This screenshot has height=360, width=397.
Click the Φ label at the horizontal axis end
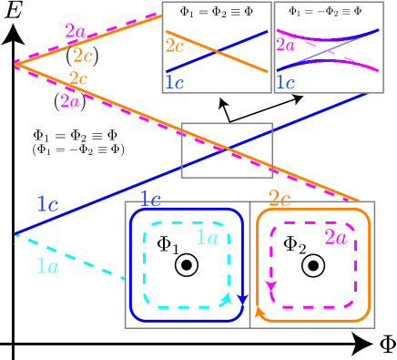click(386, 346)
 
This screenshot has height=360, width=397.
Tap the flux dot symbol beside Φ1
click(187, 265)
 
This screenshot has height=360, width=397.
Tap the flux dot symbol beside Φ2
click(314, 265)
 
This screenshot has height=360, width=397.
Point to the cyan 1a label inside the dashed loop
click(207, 238)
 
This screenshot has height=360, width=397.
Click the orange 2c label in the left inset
click(177, 45)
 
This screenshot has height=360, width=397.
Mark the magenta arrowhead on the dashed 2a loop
click(270, 288)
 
